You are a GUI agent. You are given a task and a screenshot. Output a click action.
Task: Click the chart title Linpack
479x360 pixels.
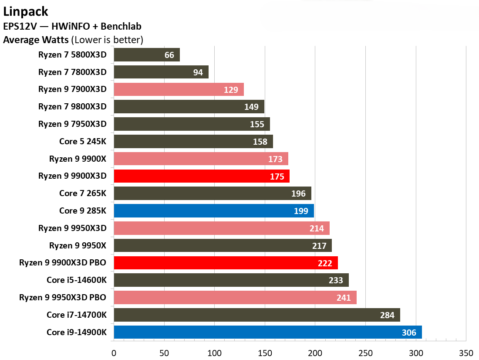26,11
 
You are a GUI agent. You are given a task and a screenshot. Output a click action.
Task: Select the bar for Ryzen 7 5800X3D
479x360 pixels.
147,55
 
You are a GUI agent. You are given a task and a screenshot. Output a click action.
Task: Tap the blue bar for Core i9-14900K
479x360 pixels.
267,333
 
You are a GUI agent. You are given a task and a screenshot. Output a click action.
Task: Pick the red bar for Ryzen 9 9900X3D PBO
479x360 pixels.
226,263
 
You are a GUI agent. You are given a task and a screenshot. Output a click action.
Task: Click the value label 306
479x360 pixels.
409,333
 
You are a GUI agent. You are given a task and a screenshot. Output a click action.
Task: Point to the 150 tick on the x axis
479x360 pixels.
265,352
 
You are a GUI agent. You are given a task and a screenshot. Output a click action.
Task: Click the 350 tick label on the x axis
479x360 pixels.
466,352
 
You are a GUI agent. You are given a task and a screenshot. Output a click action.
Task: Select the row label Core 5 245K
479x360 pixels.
83,141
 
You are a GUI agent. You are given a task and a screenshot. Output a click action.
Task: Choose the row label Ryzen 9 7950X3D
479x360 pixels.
72,124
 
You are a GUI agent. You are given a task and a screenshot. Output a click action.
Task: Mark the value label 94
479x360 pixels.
198,72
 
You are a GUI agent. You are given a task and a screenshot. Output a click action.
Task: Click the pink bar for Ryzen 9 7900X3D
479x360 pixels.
179,89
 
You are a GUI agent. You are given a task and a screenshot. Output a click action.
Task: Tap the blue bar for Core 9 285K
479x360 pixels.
213,211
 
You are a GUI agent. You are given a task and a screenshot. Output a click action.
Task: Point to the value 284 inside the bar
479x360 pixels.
387,316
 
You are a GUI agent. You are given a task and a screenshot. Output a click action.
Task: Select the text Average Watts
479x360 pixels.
36,40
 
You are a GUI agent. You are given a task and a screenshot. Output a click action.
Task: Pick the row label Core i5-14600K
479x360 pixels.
77,280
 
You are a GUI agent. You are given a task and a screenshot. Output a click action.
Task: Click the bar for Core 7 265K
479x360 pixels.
212,194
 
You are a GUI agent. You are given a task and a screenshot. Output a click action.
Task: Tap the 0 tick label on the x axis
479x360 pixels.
114,352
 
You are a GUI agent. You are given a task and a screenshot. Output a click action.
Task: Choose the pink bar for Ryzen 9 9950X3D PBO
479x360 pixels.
235,298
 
